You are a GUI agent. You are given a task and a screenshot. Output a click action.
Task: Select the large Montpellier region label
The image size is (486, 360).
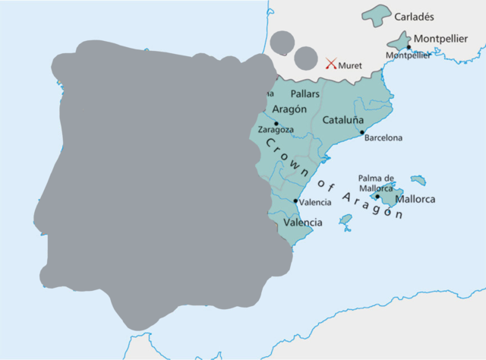440,39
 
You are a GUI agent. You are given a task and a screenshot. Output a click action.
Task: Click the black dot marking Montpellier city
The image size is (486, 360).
409,47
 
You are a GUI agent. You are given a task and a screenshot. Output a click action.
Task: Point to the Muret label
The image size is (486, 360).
351,65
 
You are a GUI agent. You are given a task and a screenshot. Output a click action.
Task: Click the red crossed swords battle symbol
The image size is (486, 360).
331,65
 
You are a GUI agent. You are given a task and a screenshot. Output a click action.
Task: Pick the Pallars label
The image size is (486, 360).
306,93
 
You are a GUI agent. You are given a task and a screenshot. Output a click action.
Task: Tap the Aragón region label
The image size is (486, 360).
289,109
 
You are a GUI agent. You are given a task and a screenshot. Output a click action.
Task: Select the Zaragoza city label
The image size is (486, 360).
276,131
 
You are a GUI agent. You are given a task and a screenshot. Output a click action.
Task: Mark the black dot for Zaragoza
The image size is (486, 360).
276,123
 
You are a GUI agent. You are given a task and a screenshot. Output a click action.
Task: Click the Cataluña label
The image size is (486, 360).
343,120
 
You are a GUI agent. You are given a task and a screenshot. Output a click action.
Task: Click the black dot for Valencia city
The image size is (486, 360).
295,201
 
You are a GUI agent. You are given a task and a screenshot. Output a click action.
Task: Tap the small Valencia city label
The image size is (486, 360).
315,203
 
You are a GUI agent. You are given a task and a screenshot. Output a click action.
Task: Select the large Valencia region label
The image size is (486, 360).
302,223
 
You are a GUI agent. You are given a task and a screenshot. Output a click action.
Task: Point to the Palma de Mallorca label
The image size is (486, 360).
377,183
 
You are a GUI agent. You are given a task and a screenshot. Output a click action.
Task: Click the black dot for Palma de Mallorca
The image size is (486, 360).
377,196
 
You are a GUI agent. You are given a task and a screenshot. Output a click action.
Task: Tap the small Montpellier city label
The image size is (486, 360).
409,55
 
